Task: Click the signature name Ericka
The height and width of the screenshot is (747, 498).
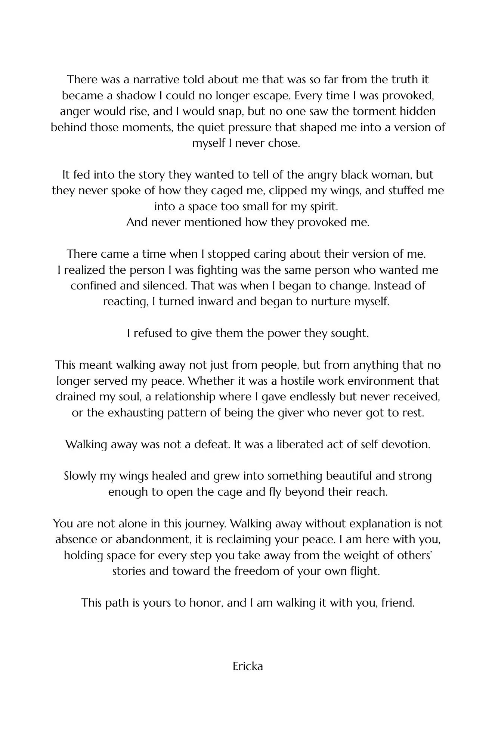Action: (248, 666)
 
